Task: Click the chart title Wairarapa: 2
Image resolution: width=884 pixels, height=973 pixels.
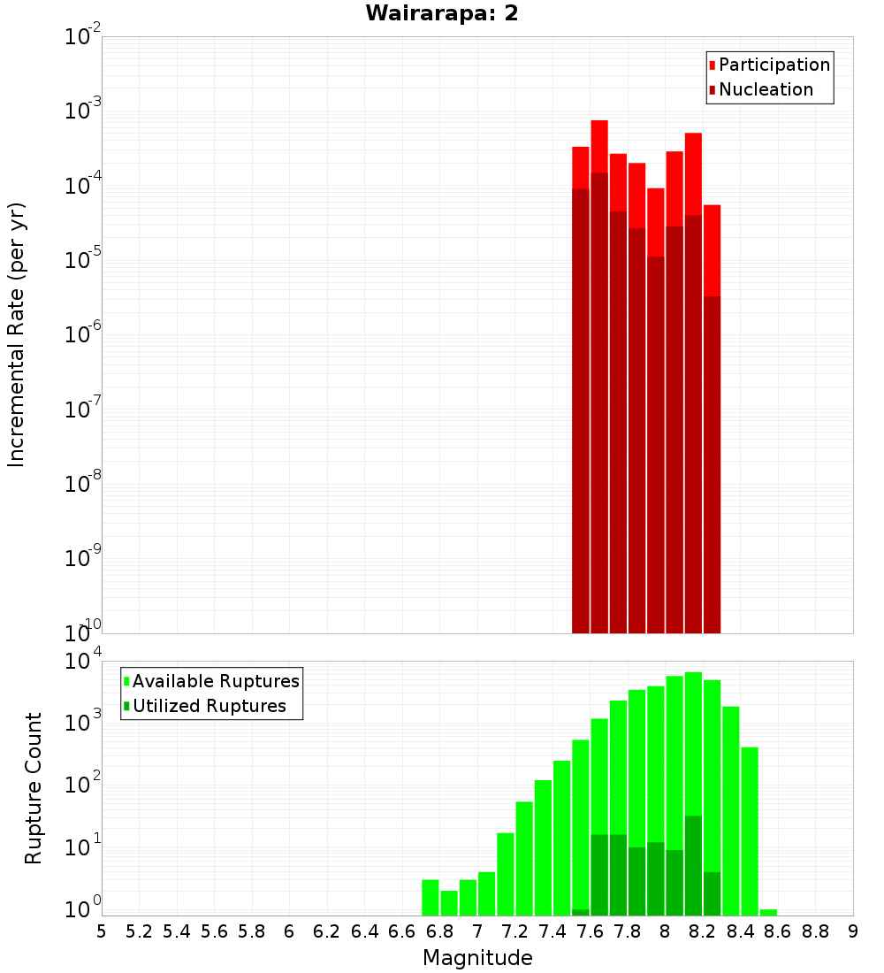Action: (442, 14)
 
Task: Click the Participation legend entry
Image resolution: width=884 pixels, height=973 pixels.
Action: (773, 65)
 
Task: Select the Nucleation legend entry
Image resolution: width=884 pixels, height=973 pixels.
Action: (765, 89)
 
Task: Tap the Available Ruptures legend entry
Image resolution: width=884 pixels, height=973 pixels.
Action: (215, 681)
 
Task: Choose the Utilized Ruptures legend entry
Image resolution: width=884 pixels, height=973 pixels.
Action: (209, 706)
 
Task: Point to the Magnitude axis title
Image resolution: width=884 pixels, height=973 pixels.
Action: (477, 958)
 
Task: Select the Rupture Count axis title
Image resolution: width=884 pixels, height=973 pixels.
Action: (34, 788)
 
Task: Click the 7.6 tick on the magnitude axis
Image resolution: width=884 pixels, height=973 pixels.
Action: (590, 931)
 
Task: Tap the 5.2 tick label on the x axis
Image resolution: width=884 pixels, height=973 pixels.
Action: (139, 931)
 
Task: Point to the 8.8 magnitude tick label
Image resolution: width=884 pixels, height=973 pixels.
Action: (815, 931)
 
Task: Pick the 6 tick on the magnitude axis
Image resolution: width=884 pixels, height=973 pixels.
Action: (289, 931)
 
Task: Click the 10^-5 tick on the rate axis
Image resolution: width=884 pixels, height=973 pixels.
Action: (82, 260)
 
